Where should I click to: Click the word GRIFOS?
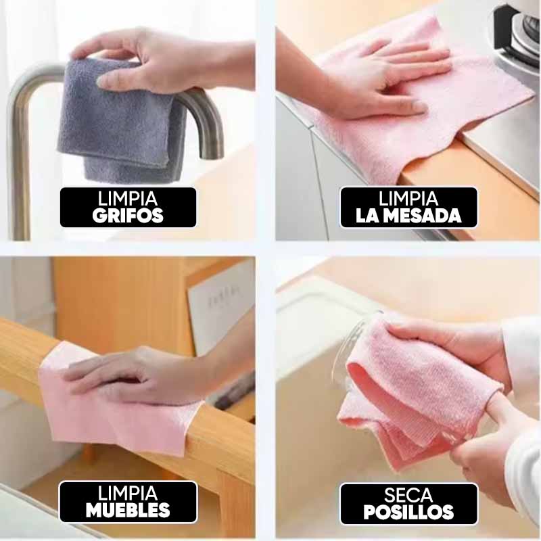(128, 215)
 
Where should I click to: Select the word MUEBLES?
(128, 510)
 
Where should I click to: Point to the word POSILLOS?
(408, 511)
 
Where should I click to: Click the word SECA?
(408, 495)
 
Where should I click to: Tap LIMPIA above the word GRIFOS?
(128, 199)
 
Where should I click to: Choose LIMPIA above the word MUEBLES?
(128, 494)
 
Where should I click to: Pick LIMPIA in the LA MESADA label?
(408, 199)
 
